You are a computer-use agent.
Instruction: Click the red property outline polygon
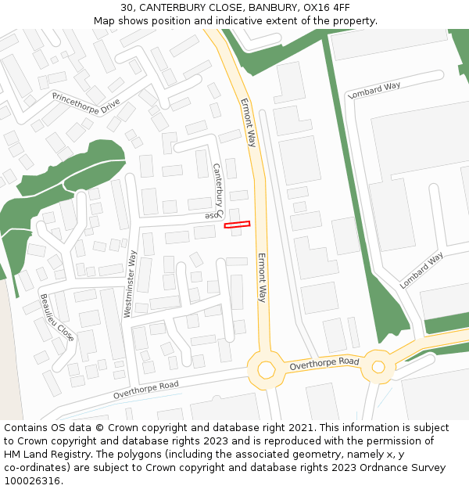(237, 225)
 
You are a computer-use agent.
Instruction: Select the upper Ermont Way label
(248, 123)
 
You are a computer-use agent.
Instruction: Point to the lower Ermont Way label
(263, 277)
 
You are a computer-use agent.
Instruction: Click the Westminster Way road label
(130, 283)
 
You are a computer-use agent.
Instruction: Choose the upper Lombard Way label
(374, 90)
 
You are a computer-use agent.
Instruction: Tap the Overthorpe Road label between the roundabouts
(324, 364)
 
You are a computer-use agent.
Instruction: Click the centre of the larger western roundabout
(266, 369)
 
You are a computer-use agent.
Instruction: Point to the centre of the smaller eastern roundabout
(378, 365)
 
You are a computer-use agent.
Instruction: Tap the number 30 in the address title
(127, 7)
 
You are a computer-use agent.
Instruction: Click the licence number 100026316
(31, 480)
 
